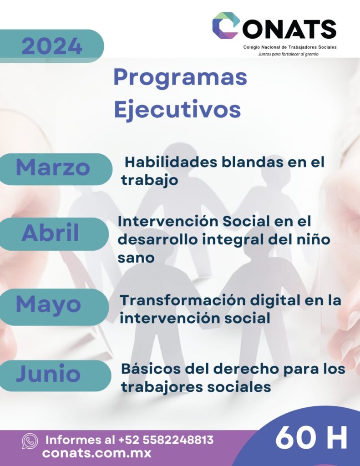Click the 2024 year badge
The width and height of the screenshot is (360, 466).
(x=51, y=46)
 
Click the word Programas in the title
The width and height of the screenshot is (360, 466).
(x=180, y=78)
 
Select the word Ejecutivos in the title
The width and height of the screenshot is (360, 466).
(x=177, y=109)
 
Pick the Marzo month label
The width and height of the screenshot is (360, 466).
(x=53, y=167)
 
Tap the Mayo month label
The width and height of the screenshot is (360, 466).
(x=48, y=305)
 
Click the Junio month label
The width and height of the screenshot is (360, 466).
(x=48, y=374)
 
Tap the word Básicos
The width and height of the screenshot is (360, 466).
(x=151, y=369)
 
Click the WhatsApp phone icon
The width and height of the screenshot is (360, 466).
(x=30, y=441)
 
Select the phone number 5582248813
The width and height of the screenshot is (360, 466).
(x=178, y=440)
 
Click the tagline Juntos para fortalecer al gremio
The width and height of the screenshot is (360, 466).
(x=288, y=54)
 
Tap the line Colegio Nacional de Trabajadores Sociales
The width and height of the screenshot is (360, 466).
(x=290, y=47)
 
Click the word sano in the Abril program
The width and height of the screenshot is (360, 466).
(x=136, y=258)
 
